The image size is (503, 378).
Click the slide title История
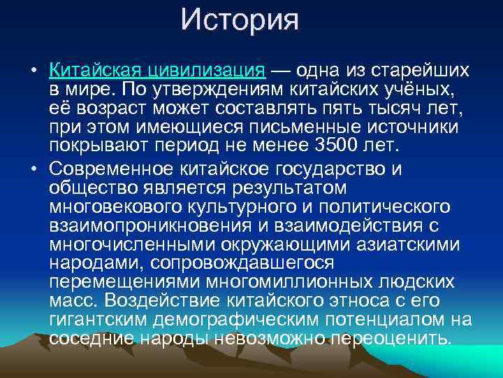pos(239,20)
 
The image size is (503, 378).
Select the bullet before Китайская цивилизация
pos(33,72)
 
